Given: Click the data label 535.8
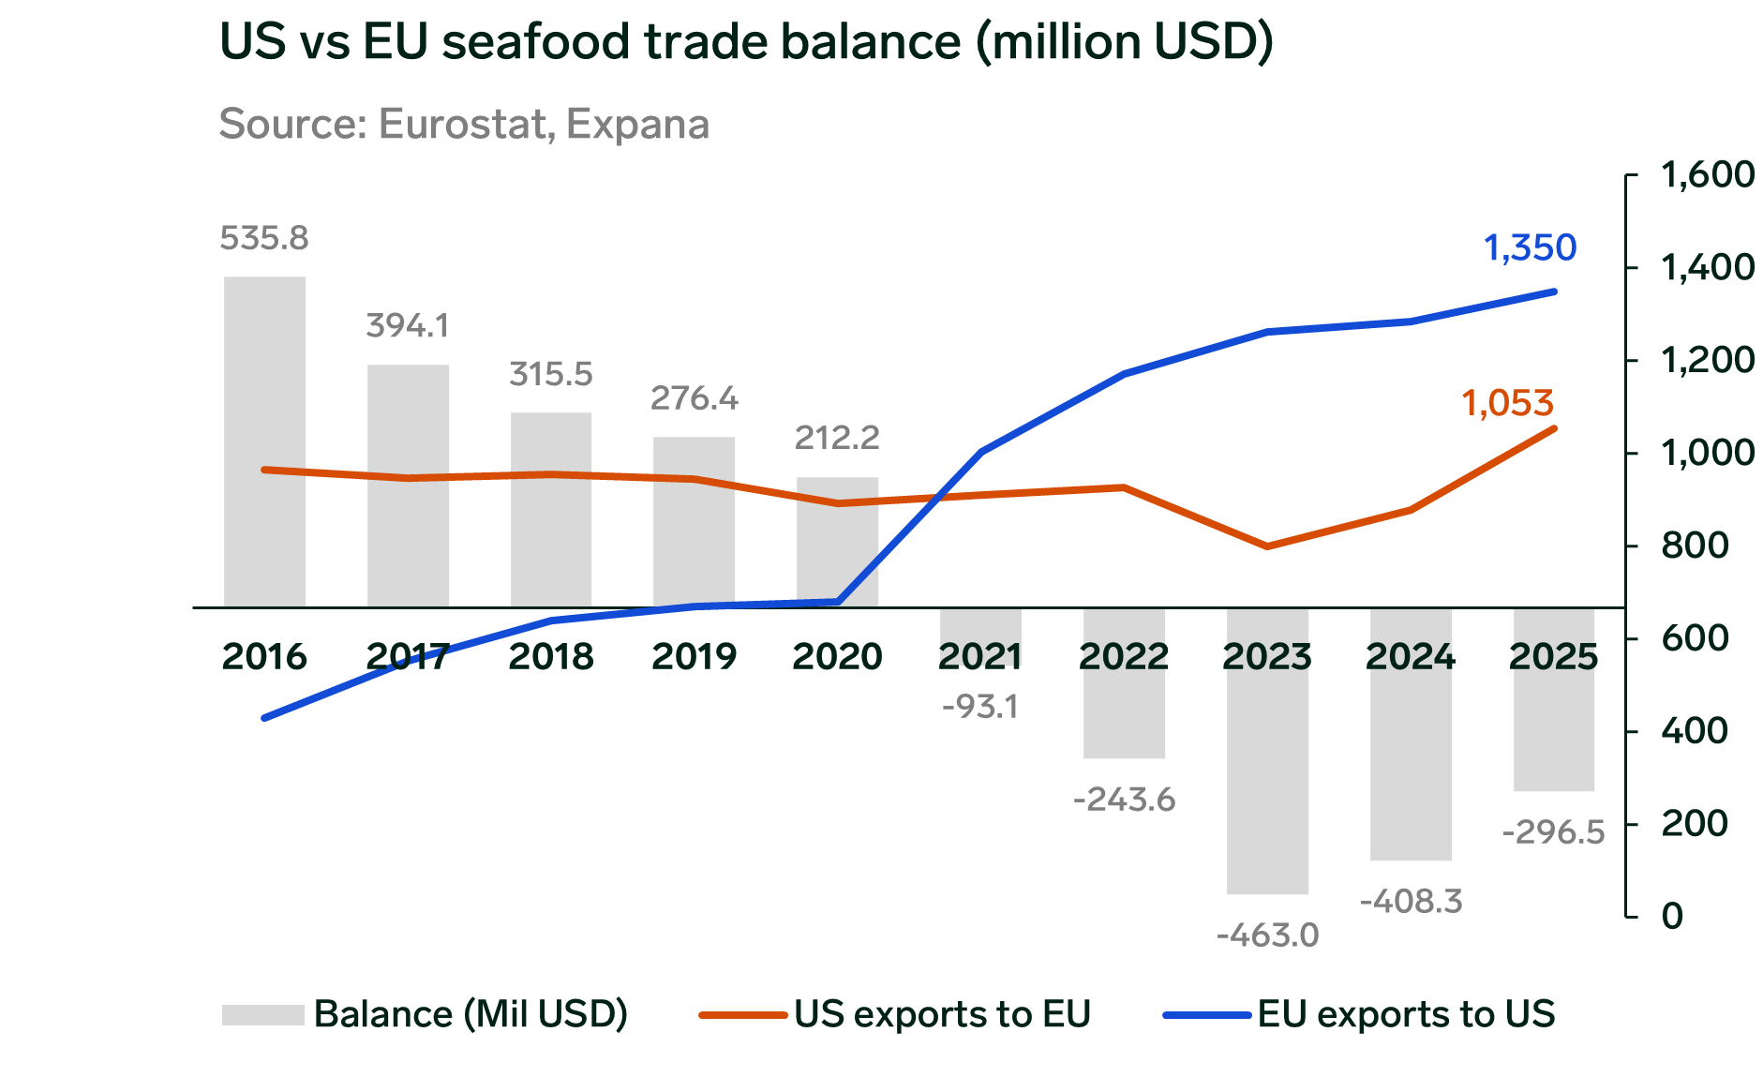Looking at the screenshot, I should [x=264, y=238].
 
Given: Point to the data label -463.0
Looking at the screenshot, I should [x=1267, y=935].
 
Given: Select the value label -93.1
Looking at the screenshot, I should [x=980, y=706].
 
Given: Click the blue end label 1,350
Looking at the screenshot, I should [x=1530, y=247].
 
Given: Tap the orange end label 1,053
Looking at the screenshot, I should [x=1508, y=403].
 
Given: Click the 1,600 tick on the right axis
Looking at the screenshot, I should [x=1707, y=174].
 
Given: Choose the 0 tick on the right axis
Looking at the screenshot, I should [x=1672, y=915].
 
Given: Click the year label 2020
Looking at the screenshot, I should [x=838, y=656].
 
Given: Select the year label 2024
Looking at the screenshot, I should [x=1411, y=656].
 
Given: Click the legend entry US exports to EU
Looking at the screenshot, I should [x=942, y=1014].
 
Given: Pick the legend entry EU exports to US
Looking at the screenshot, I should [x=1406, y=1014].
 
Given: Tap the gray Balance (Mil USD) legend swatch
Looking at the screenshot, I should [x=262, y=1014].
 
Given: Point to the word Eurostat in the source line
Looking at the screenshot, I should [x=463, y=124].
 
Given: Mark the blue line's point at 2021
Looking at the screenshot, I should [x=981, y=452].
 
